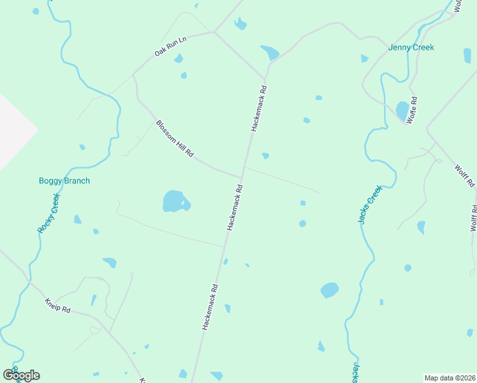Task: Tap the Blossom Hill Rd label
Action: coord(175,140)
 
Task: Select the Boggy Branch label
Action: coord(64,181)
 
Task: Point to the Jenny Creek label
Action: coord(411,47)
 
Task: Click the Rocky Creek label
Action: coord(48,214)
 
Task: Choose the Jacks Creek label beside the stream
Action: coord(369,204)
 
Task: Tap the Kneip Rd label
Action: coord(57,306)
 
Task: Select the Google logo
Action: coord(21,375)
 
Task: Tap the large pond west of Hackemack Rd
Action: coord(175,201)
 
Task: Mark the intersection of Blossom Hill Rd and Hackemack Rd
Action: coord(242,177)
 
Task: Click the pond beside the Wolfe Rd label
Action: coord(402,110)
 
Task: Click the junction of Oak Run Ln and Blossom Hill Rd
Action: coord(134,75)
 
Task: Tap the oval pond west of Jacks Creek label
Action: coord(329,290)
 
